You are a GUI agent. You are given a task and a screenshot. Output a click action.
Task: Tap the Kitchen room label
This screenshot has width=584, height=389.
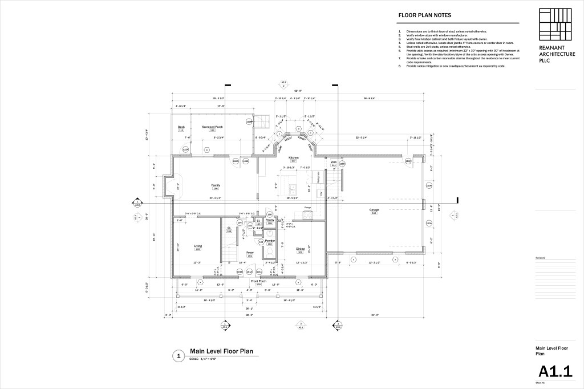[x=294, y=157]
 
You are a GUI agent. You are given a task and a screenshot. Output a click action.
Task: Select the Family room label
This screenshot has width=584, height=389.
[x=216, y=185]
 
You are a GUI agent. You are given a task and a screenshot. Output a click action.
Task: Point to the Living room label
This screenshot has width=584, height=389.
[x=198, y=246]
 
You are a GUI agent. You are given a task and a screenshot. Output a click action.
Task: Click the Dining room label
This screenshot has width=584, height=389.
[x=300, y=249]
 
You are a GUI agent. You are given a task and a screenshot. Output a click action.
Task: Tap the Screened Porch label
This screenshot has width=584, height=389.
[x=212, y=127]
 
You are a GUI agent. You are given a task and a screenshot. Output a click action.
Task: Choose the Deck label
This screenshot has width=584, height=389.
[x=181, y=127]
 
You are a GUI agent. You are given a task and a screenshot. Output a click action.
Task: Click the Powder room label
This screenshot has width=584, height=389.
[x=270, y=241]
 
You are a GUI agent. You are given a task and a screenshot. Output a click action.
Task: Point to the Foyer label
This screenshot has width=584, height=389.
[x=249, y=253]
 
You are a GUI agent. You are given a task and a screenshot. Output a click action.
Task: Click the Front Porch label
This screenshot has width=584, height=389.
[x=258, y=281]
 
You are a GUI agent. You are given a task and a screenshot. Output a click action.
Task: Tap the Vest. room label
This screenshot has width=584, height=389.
[x=334, y=162]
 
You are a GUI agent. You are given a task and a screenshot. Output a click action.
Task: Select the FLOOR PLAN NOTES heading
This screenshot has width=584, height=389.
[x=424, y=16]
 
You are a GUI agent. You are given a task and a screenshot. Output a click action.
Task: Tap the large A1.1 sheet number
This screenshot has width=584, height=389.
[x=555, y=371]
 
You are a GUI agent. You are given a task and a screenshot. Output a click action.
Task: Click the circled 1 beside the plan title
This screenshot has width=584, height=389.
[x=179, y=355]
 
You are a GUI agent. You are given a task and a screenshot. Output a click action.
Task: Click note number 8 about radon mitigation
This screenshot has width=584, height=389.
[x=451, y=66]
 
